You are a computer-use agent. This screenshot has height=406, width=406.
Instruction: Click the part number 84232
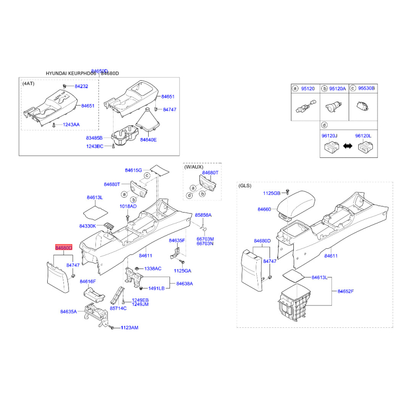click(81, 87)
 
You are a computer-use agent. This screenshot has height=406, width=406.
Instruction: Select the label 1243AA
click(71, 125)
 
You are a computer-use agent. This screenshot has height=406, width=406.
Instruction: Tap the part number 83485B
click(94, 138)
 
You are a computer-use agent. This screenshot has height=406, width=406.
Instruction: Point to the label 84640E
click(149, 140)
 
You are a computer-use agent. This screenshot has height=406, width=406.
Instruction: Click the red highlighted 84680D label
click(64, 248)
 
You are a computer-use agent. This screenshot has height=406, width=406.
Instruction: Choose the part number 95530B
click(366, 88)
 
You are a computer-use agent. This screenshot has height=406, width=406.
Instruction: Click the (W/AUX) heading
click(193, 166)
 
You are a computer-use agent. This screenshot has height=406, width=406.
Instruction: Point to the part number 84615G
click(133, 170)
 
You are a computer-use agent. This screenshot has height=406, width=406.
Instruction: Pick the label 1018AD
click(128, 207)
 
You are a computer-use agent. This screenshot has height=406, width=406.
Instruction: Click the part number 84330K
click(88, 226)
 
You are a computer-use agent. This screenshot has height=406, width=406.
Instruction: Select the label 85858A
click(204, 215)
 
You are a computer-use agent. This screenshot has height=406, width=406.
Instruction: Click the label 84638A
click(185, 284)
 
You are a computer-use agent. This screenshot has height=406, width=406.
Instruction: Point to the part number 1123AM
click(129, 328)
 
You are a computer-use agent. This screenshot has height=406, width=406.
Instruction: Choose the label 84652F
click(346, 291)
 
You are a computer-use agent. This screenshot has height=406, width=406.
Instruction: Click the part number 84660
click(265, 209)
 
